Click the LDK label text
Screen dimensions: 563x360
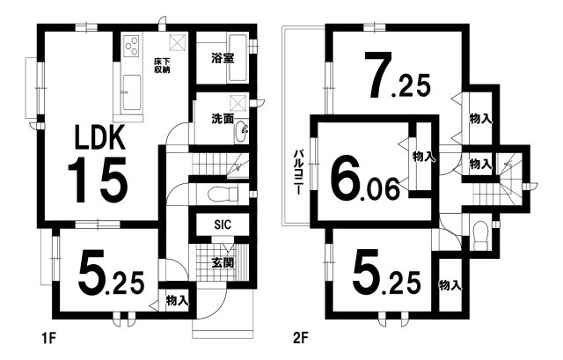(x=99, y=137)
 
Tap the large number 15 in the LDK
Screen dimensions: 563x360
(x=98, y=180)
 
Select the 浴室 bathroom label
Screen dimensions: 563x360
(x=223, y=58)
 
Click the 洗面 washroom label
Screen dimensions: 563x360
(x=223, y=119)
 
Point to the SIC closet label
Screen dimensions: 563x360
(x=223, y=224)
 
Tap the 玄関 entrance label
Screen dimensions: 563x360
(x=223, y=262)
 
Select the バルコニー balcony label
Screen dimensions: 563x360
(x=298, y=173)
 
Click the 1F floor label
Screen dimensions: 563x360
(x=49, y=339)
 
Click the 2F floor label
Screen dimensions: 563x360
(x=300, y=339)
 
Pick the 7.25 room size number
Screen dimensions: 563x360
(x=397, y=76)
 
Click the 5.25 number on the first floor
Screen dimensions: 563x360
(x=112, y=272)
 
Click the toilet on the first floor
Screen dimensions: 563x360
(x=223, y=195)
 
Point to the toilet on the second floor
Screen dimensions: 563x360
(x=480, y=236)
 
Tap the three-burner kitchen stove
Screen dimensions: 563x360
(x=131, y=46)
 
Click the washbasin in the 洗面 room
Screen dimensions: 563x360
(x=241, y=132)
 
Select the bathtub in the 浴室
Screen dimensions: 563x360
(x=238, y=57)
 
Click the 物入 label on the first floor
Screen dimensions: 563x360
(x=178, y=300)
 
